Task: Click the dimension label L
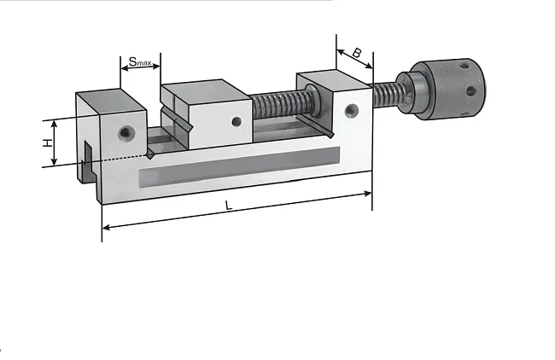[x=229, y=205]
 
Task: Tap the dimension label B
[x=357, y=53]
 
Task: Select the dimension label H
[x=48, y=142]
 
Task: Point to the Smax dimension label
[x=140, y=62]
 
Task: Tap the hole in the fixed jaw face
[x=125, y=133]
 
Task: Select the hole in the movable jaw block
[x=237, y=122]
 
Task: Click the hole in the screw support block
[x=351, y=110]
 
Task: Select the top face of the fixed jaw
[x=111, y=102]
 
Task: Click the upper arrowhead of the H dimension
[x=54, y=124]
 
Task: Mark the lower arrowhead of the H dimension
[x=54, y=162]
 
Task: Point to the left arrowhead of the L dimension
[x=106, y=228]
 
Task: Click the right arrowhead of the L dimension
[x=368, y=194]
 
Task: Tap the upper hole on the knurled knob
[x=464, y=67]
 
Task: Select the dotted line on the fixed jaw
[x=125, y=158]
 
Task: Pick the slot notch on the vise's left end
[x=87, y=161]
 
